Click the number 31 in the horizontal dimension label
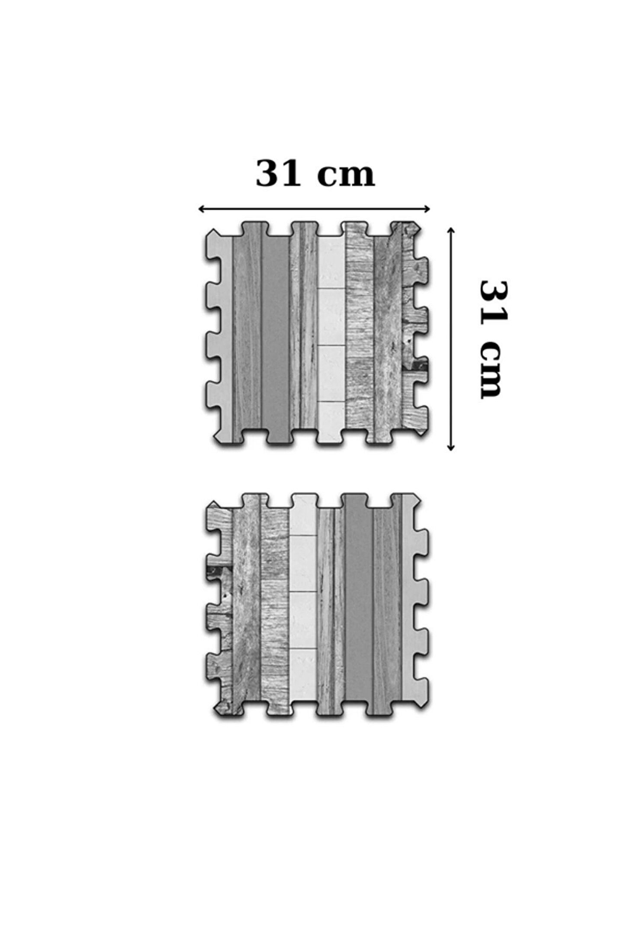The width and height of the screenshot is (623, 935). point(278,174)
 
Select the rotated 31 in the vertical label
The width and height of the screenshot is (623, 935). point(493,303)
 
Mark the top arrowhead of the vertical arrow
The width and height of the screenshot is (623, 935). point(451,230)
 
